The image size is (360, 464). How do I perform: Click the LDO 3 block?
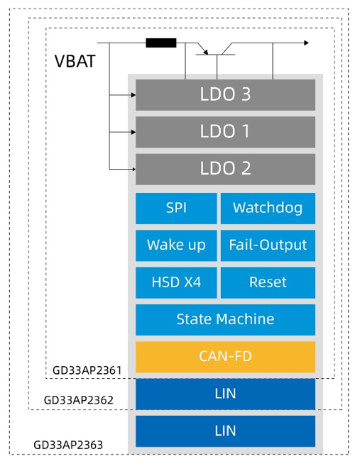coord(225,94)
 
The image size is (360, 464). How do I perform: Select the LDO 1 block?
coord(225,132)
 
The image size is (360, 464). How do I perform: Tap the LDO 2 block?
coord(225,169)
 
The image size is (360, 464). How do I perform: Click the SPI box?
coord(176,209)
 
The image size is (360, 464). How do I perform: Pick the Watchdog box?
coord(268,209)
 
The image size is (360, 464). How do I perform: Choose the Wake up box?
coord(176,245)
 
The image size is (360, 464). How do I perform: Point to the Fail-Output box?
coord(268,245)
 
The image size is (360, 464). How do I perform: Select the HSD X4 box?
coord(176,282)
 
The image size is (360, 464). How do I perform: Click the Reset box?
coord(268,282)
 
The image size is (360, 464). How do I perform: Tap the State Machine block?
coord(225,320)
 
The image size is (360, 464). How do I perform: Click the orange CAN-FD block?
coord(225,357)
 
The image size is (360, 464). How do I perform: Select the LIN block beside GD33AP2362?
coord(225,394)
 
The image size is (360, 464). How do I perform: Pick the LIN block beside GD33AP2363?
coord(225,431)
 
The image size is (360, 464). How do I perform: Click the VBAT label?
coord(75,62)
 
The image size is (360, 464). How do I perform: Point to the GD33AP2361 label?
coord(87,370)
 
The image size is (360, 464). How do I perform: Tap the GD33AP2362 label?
coord(78,400)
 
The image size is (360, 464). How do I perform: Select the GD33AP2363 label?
coord(68,445)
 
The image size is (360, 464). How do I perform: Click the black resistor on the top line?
coord(161,43)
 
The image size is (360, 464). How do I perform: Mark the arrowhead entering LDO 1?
coord(133,132)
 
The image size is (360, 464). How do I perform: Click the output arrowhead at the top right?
coord(307,43)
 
